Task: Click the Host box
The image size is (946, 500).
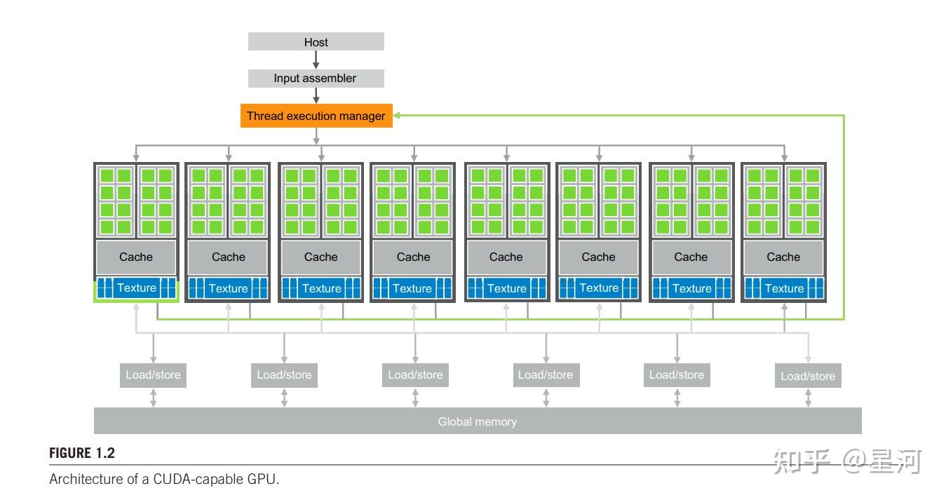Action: coord(316,41)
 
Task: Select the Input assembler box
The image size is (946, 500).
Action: coord(316,79)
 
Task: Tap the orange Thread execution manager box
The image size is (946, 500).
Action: coord(316,116)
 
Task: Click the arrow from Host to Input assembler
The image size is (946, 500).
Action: coord(316,60)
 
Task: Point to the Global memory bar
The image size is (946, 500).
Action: coord(477,421)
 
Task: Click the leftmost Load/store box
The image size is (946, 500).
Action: coord(153,374)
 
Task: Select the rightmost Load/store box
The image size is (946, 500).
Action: coord(808,376)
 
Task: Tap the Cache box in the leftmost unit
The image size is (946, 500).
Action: coord(136,257)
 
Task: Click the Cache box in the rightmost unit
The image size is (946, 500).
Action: coord(783,257)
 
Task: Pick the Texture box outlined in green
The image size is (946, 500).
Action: coord(136,288)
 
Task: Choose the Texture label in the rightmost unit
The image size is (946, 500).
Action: coord(784,288)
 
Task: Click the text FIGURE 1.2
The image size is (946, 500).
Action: coord(81,453)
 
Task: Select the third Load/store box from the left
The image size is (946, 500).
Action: coord(415,374)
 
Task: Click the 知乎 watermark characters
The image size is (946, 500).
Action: coord(801,461)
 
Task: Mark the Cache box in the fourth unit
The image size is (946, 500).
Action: coord(413,257)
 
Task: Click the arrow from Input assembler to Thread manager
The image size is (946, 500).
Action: coord(316,96)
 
